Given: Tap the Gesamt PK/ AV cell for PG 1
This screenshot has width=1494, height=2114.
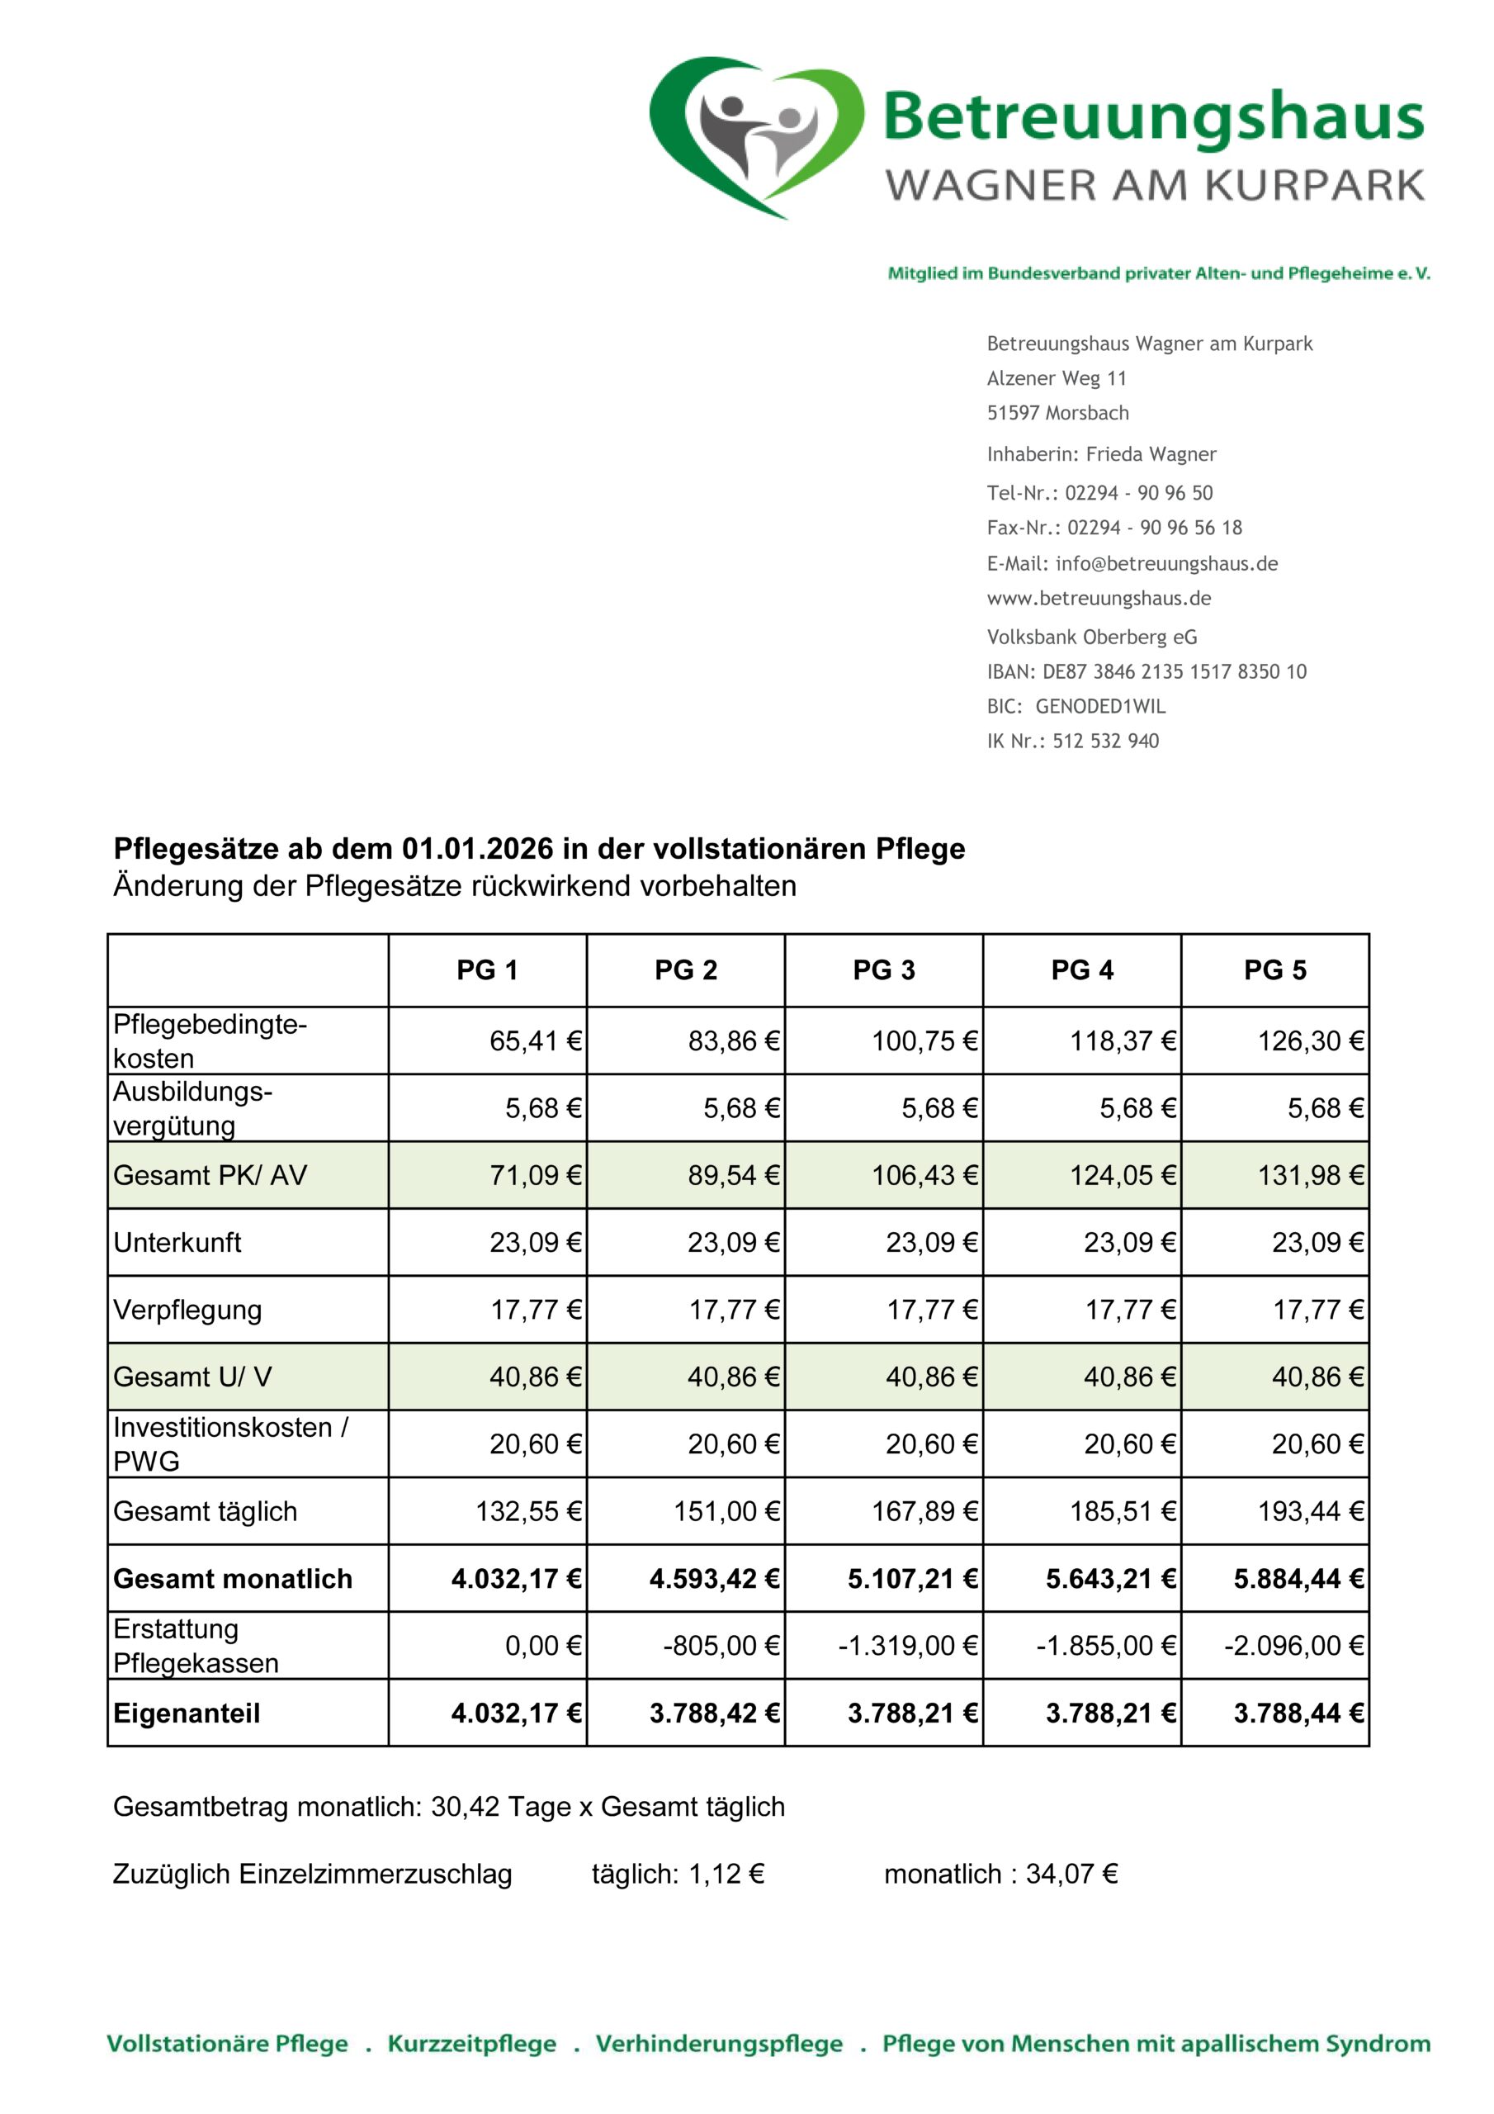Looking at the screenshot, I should click(x=535, y=1175).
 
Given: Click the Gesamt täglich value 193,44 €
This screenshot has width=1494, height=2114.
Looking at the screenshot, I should click(x=1310, y=1511).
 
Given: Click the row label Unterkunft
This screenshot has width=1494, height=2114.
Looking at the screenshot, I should click(x=177, y=1242).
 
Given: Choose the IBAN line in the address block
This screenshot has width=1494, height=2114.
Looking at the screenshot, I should click(x=1146, y=671).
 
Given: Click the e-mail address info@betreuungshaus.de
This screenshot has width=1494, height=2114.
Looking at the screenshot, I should click(x=1166, y=563).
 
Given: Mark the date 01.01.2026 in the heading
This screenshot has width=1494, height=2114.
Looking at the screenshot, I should click(x=477, y=848).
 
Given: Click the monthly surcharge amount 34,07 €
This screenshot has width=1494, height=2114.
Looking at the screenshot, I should click(x=1071, y=1874).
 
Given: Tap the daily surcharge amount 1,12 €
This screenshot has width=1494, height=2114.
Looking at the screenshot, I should click(x=726, y=1874).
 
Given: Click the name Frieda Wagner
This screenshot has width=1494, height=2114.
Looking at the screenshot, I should click(x=1151, y=454).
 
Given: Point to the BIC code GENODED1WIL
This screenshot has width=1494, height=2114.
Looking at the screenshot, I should click(x=1100, y=706).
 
